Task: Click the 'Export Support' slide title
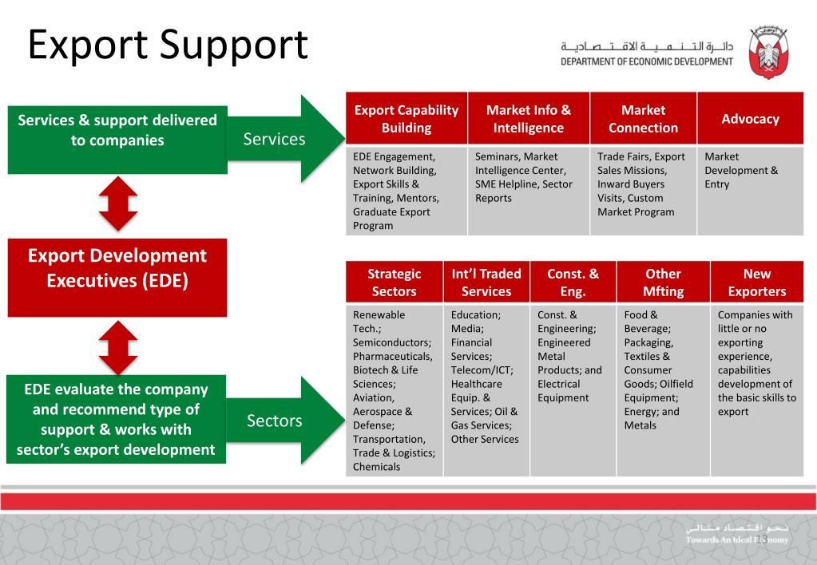pyautogui.click(x=168, y=45)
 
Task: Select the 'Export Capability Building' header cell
pyautogui.click(x=407, y=119)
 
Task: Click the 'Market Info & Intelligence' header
pyautogui.click(x=528, y=119)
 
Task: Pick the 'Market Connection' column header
pyautogui.click(x=643, y=119)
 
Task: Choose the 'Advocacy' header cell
pyautogui.click(x=750, y=119)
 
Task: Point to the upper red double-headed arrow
pyautogui.click(x=118, y=205)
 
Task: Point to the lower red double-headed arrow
pyautogui.click(x=118, y=347)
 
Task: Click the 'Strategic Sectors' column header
pyautogui.click(x=394, y=282)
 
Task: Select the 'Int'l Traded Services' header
pyautogui.click(x=486, y=282)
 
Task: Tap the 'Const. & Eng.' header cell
pyautogui.click(x=573, y=282)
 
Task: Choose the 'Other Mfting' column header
pyautogui.click(x=663, y=282)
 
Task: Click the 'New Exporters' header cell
pyautogui.click(x=756, y=282)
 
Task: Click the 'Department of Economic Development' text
pyautogui.click(x=646, y=62)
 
